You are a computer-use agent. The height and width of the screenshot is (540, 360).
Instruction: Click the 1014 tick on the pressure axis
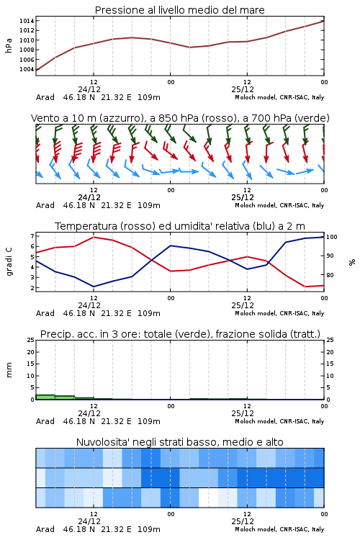click(x=27, y=21)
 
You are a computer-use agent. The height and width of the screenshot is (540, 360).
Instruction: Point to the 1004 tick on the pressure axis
click(x=27, y=69)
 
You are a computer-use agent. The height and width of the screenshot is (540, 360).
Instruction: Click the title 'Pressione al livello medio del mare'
click(x=180, y=10)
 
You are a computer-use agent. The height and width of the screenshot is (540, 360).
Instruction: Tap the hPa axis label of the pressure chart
click(x=9, y=45)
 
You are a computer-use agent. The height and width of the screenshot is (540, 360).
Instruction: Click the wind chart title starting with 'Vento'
click(x=180, y=119)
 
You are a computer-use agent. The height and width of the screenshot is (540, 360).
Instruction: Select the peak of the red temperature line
click(x=94, y=238)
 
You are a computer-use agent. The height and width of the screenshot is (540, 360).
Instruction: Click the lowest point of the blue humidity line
click(x=94, y=287)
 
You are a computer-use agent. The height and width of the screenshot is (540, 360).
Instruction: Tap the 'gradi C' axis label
click(x=9, y=262)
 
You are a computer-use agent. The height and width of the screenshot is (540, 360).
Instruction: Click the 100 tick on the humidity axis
click(x=331, y=237)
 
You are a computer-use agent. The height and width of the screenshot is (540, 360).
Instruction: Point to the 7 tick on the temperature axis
click(x=32, y=236)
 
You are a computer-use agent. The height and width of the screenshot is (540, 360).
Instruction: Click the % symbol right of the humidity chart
click(x=352, y=262)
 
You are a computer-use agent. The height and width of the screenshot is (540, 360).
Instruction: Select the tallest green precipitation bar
click(x=45, y=397)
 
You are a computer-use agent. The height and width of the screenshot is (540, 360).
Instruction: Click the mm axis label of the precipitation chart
click(x=9, y=370)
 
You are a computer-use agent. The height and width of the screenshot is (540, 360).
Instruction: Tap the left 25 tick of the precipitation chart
click(x=31, y=340)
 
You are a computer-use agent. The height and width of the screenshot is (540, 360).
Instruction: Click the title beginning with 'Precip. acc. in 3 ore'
click(x=180, y=334)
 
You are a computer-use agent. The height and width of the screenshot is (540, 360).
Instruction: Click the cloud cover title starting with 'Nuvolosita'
click(x=180, y=442)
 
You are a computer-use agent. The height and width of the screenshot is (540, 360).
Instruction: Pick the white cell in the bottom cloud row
click(x=208, y=498)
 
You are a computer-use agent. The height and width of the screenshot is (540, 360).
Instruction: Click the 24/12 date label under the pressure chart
click(x=89, y=89)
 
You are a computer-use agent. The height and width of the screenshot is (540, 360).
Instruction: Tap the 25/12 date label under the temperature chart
click(x=243, y=305)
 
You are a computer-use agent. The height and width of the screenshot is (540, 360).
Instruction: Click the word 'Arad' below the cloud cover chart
click(x=45, y=529)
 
